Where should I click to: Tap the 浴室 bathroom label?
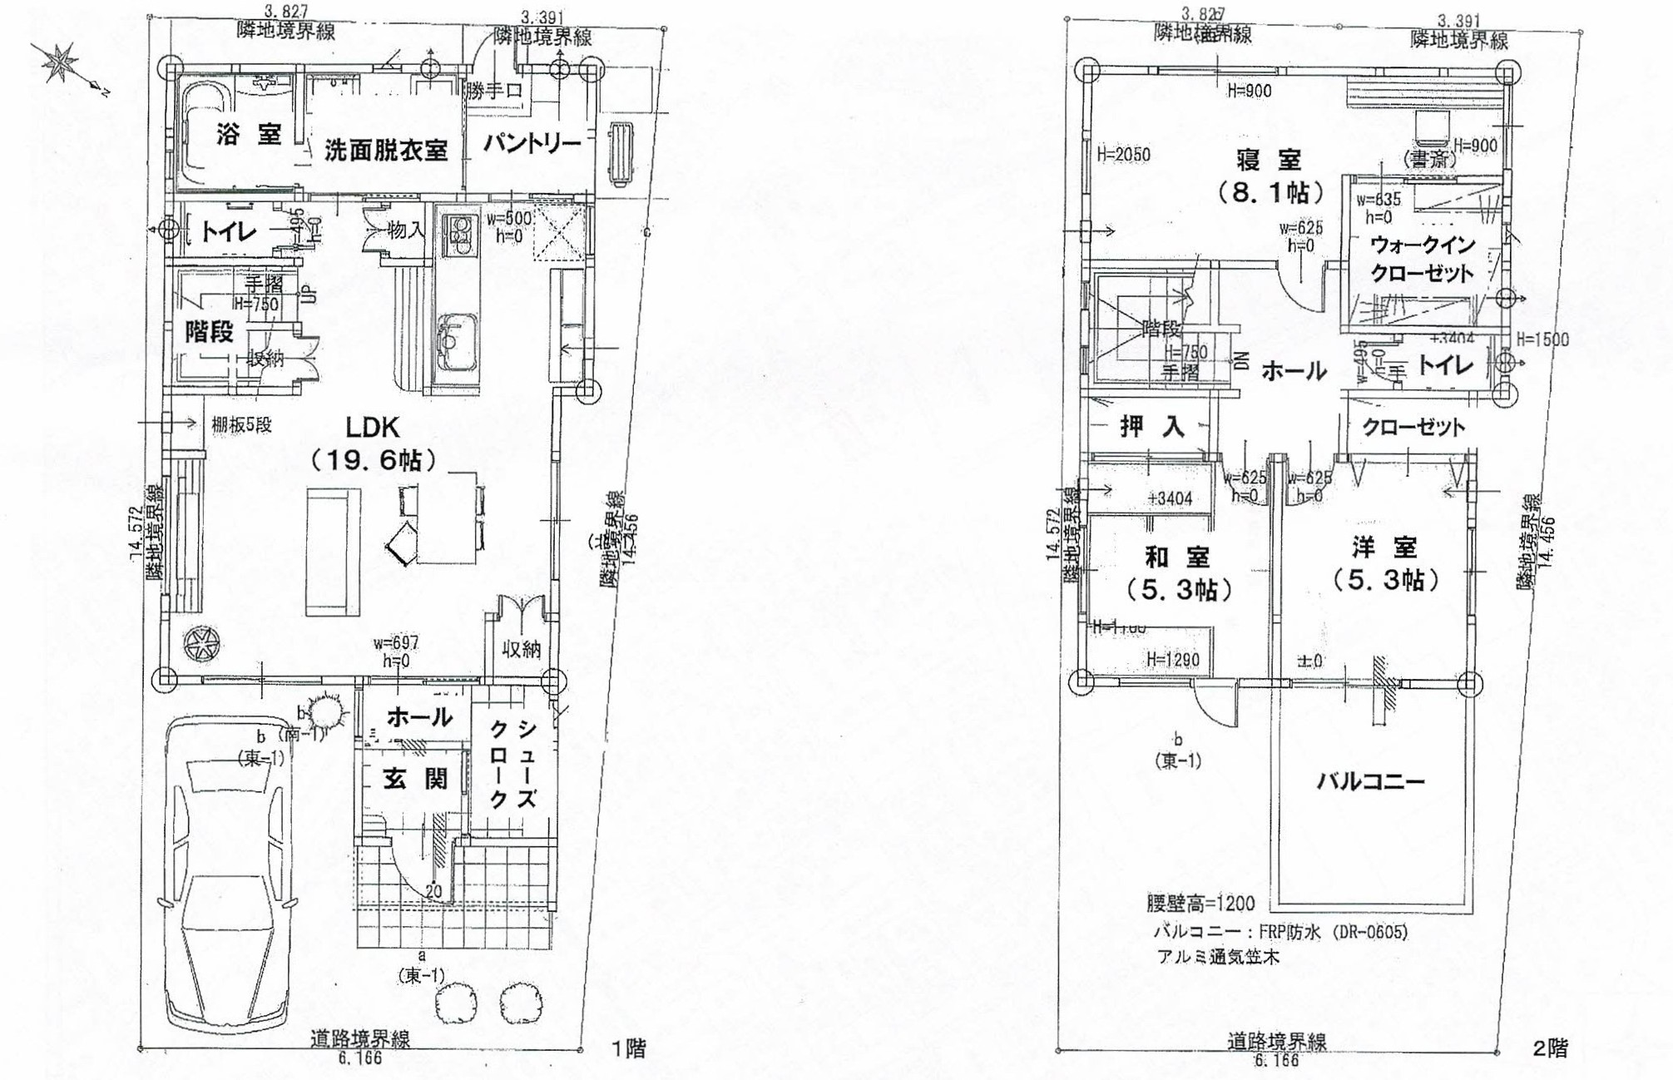pos(249,134)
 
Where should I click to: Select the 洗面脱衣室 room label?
pos(385,151)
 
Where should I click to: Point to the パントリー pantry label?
pos(532,144)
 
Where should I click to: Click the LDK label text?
pos(373,428)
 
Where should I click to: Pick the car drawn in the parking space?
pos(230,874)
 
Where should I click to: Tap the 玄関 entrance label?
pos(416,779)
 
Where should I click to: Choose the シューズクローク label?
pos(512,764)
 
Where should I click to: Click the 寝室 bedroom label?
pos(1268,158)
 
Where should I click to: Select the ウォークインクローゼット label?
pos(1422,259)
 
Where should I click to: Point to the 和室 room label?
pos(1176,556)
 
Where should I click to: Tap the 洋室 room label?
pos(1384,547)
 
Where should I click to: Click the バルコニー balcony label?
pos(1370,781)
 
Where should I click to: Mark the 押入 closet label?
pos(1151,427)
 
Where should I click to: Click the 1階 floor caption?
pos(628,1048)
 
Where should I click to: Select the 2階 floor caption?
pos(1549,1048)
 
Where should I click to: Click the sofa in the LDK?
pos(333,552)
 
